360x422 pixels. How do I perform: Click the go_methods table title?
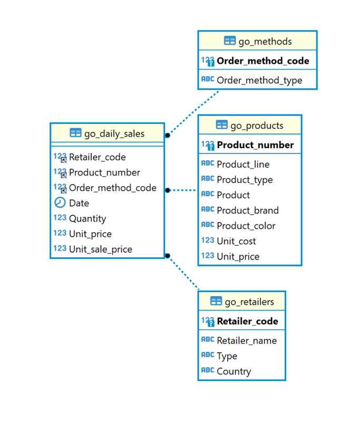pyautogui.click(x=265, y=42)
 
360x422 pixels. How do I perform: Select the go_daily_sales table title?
pyautogui.click(x=114, y=133)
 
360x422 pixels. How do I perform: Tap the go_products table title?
pyautogui.click(x=257, y=126)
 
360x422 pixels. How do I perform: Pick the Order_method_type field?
pyautogui.click(x=259, y=80)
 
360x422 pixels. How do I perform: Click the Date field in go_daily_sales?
pyautogui.click(x=79, y=203)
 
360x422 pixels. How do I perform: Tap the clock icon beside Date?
pyautogui.click(x=60, y=203)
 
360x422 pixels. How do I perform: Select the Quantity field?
pyautogui.click(x=87, y=218)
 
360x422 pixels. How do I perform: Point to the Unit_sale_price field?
pyautogui.click(x=100, y=249)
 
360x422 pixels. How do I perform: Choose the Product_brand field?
pyautogui.click(x=247, y=210)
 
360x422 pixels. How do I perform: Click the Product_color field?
pyautogui.click(x=246, y=225)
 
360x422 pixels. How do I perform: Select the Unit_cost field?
pyautogui.click(x=236, y=241)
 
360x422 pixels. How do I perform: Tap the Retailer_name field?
pyautogui.click(x=246, y=341)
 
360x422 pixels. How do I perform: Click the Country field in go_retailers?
pyautogui.click(x=233, y=371)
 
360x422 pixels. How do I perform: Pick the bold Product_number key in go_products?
pyautogui.click(x=255, y=145)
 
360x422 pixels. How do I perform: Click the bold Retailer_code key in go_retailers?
pyautogui.click(x=247, y=321)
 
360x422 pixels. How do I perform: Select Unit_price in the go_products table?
pyautogui.click(x=238, y=256)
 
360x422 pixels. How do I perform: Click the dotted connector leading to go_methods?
pyautogui.click(x=194, y=112)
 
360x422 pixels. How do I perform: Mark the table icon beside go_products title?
pyautogui.click(x=222, y=125)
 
